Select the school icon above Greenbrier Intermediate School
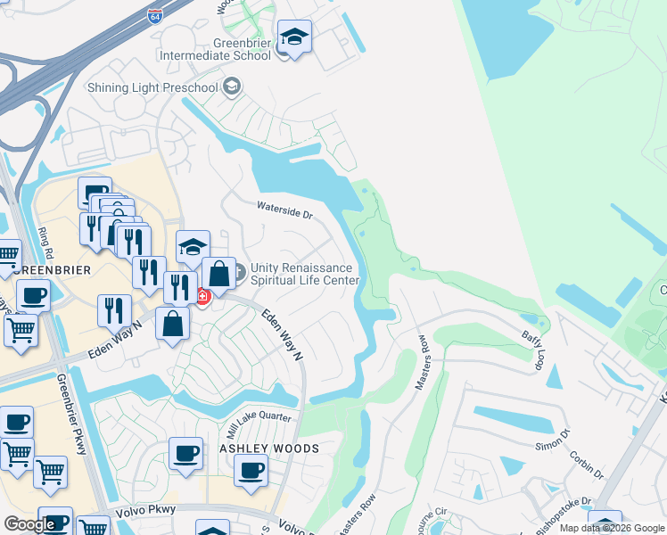point(294,37)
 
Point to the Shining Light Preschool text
point(152,87)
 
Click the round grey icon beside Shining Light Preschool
point(232,86)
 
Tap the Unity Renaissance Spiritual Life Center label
point(304,274)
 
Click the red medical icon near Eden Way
point(202,297)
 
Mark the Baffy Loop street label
point(532,349)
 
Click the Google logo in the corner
point(29,524)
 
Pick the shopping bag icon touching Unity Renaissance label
point(218,274)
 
